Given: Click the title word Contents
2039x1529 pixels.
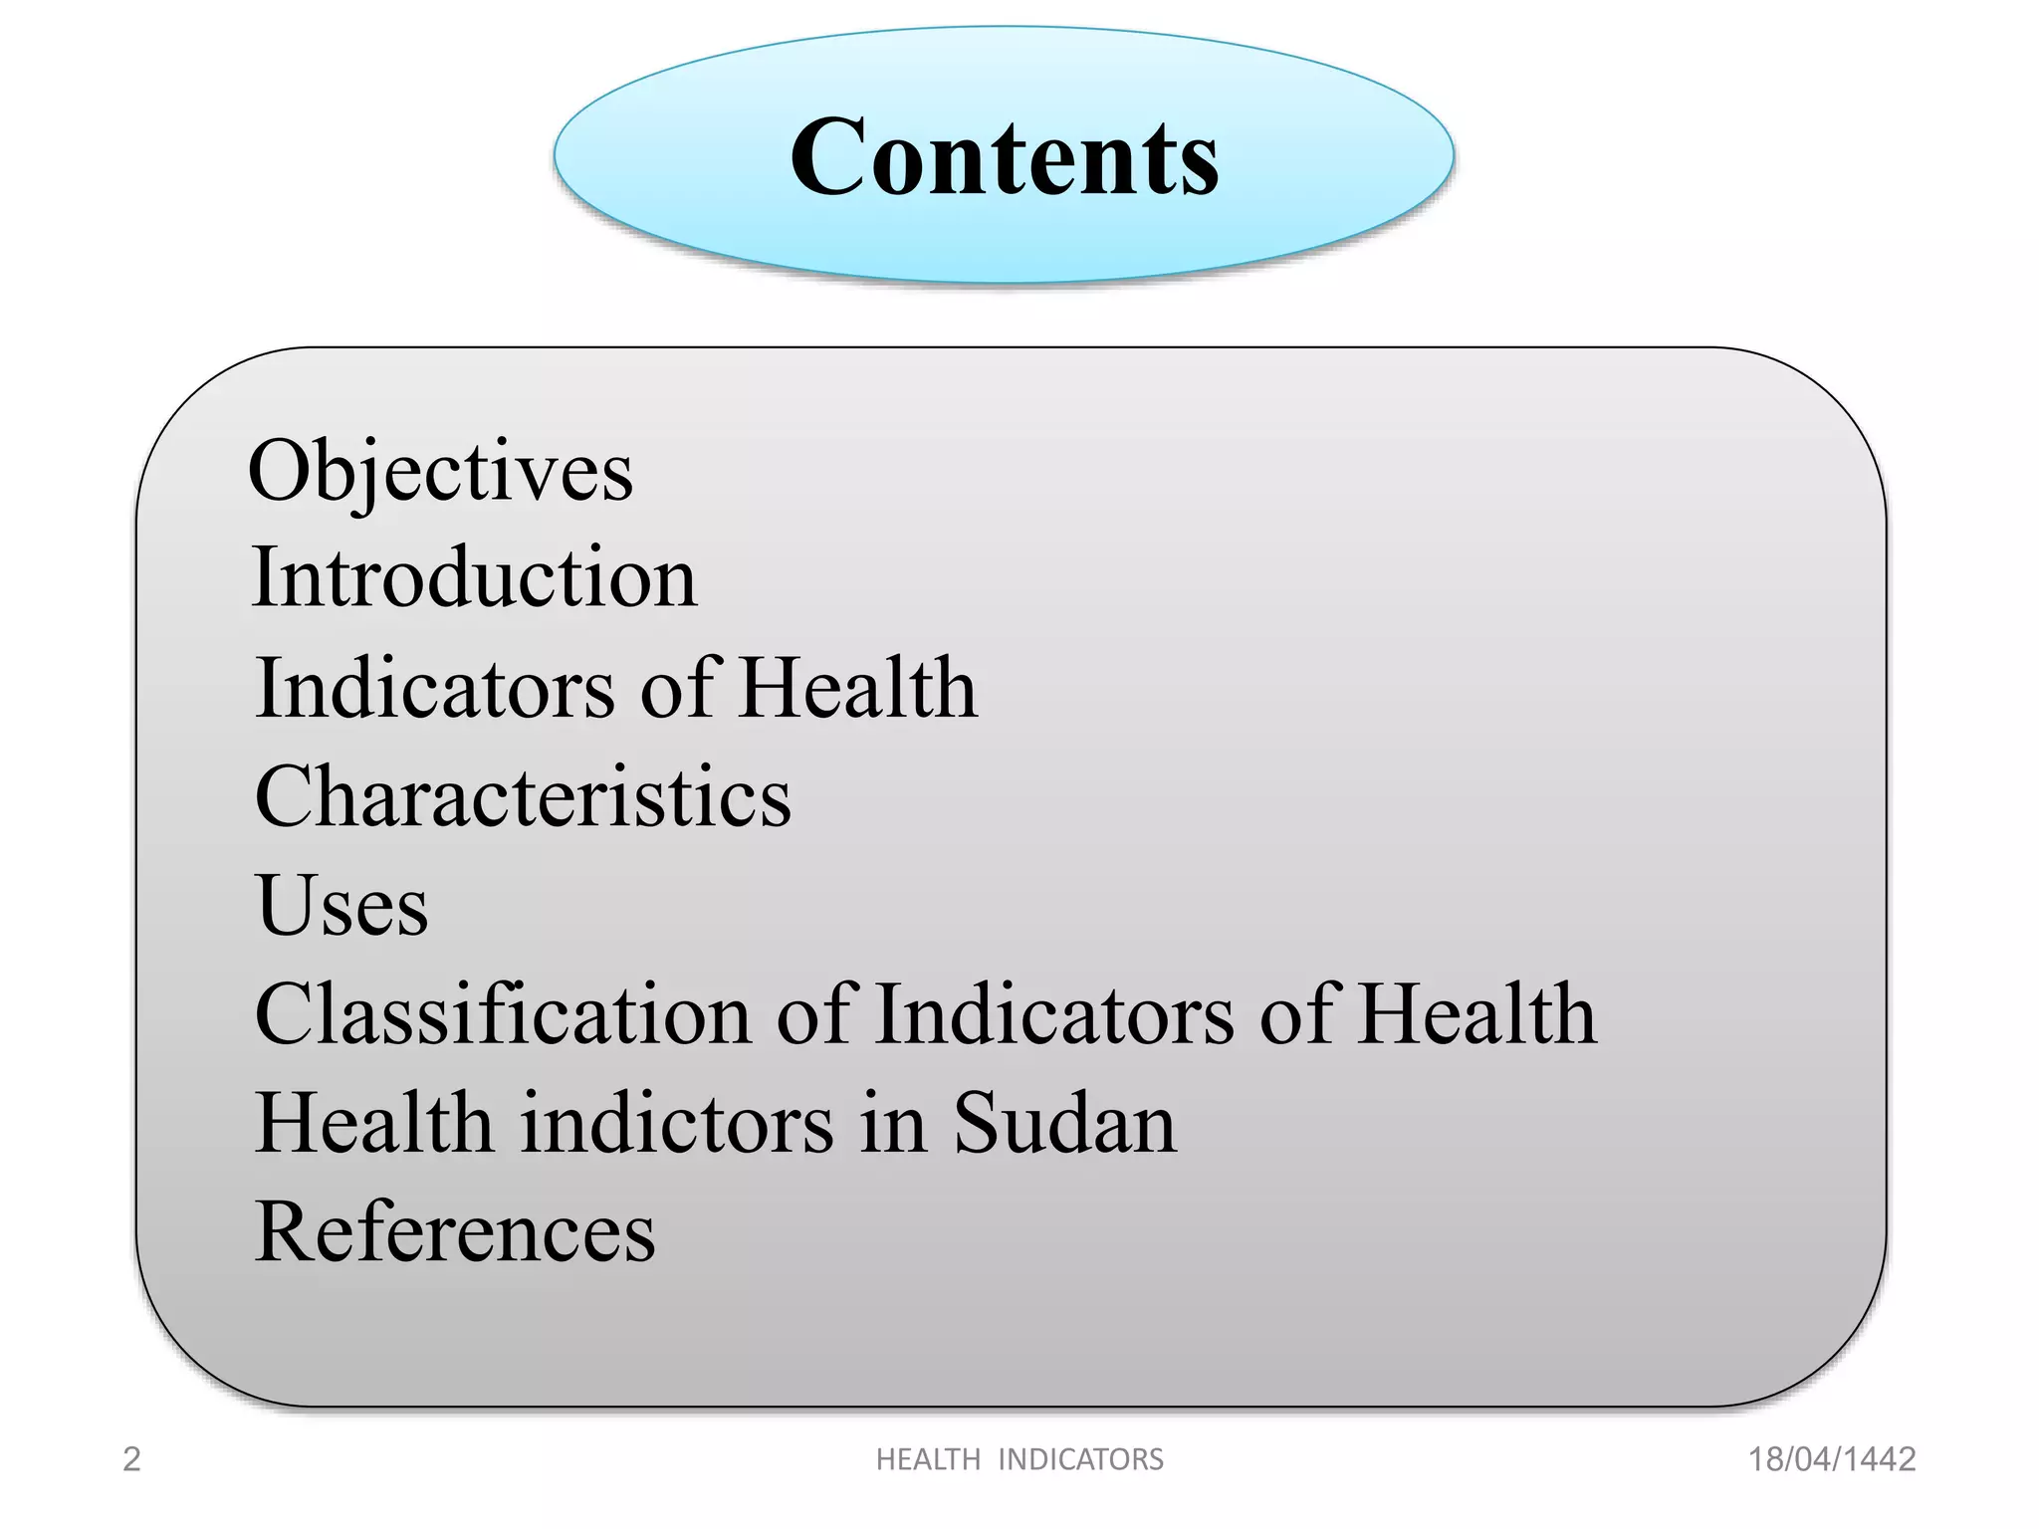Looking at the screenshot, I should pyautogui.click(x=1004, y=157).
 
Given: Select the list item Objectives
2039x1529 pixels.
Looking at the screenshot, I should pyautogui.click(x=440, y=471).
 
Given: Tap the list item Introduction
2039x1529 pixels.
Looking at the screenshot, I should pyautogui.click(x=474, y=578).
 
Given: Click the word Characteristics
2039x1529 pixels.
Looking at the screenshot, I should pyautogui.click(x=523, y=796).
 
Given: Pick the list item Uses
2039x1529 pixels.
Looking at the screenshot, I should pyautogui.click(x=341, y=906).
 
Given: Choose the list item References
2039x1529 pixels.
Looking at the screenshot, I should pyautogui.click(x=455, y=1232).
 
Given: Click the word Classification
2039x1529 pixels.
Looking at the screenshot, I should pyautogui.click(x=503, y=1014).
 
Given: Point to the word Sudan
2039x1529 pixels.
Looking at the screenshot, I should pyautogui.click(x=1064, y=1123).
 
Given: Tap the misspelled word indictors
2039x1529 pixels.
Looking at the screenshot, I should pyautogui.click(x=677, y=1123).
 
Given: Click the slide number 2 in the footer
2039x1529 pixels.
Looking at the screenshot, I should pyautogui.click(x=131, y=1459).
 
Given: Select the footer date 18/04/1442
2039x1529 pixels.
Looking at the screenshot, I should pyautogui.click(x=1832, y=1459).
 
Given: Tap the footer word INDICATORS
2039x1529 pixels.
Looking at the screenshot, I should pyautogui.click(x=1080, y=1459).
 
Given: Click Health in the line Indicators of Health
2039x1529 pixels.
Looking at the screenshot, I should pyautogui.click(x=858, y=688).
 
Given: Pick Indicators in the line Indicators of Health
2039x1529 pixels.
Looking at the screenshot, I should pyautogui.click(x=435, y=688).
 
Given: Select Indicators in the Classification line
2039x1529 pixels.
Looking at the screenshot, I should pyautogui.click(x=1054, y=1014).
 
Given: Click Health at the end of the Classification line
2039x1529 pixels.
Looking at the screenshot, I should pyautogui.click(x=1477, y=1014).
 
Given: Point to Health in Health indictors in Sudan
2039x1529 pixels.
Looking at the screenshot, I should pyautogui.click(x=374, y=1123).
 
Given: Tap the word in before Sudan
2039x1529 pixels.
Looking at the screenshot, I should pyautogui.click(x=893, y=1123).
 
